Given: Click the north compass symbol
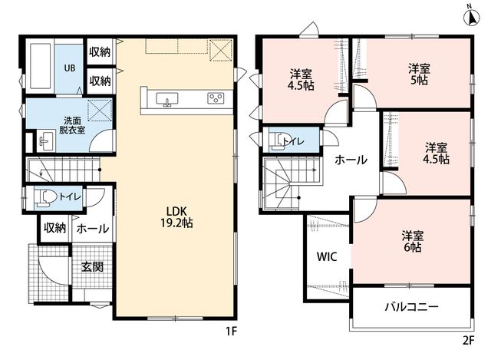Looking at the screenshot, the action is pos(472,17).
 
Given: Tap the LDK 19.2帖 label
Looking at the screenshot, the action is pos(176,216).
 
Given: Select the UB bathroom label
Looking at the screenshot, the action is pos(70,68).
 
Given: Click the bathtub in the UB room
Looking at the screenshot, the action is pos(41,67).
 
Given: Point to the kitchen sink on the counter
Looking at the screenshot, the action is pos(167,99).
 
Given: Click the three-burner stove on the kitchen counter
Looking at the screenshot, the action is pos(216,98).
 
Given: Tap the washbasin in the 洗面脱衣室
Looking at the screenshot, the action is pos(46,141).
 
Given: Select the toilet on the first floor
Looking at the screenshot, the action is pos(45,197).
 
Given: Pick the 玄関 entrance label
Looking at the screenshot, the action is pos(92,267).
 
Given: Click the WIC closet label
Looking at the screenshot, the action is pos(327,256).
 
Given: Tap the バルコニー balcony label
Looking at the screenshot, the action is pos(411,306).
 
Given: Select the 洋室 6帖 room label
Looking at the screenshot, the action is pos(413,241).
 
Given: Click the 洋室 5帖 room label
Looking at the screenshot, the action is pos(419,74).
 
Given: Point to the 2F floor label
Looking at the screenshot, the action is pos(469,340).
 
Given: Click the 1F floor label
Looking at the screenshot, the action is pos(231,331).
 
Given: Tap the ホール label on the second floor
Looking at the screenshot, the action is pos(351,160).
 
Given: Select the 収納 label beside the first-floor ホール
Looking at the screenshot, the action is pos(54,228).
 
